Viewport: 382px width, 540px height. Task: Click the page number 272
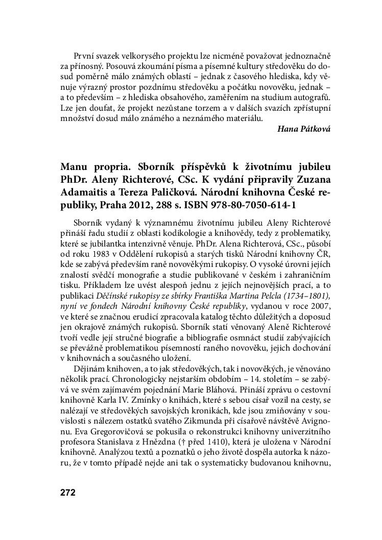[68, 493]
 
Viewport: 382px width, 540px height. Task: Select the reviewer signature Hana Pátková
[304, 129]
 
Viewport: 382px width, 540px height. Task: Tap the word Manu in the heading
[75, 167]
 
